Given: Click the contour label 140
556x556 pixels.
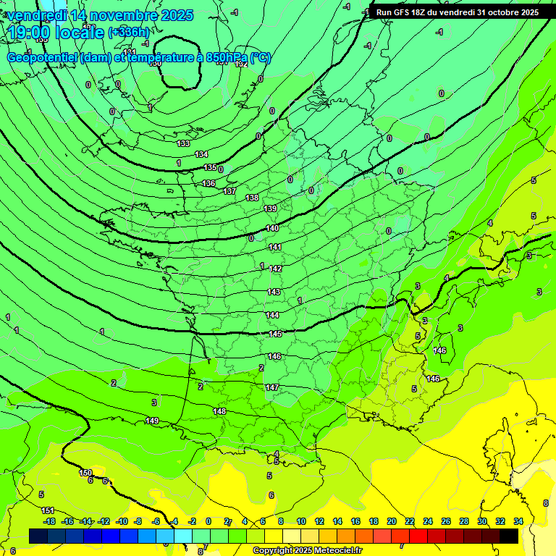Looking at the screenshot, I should tap(272, 228).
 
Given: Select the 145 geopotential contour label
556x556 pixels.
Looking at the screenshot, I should tap(275, 334).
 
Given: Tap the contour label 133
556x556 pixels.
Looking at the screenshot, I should tap(184, 143).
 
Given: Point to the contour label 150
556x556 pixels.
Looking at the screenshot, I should tap(85, 473).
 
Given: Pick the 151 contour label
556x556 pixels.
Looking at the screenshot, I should tap(48, 511).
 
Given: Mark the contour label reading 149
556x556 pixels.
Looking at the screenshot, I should tap(152, 421).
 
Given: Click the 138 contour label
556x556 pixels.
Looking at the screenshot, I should tap(252, 198).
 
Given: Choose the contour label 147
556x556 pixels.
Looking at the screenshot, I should tap(271, 387).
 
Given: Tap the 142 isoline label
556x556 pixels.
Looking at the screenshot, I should tap(275, 269).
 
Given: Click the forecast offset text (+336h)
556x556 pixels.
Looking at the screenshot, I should tap(128, 32).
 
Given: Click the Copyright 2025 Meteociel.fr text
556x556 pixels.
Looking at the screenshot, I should tap(307, 550).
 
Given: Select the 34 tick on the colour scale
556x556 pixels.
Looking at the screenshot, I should tap(518, 521).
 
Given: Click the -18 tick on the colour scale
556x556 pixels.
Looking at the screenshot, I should tap(49, 521).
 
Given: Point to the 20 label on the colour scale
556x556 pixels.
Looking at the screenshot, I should tap(391, 521).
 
